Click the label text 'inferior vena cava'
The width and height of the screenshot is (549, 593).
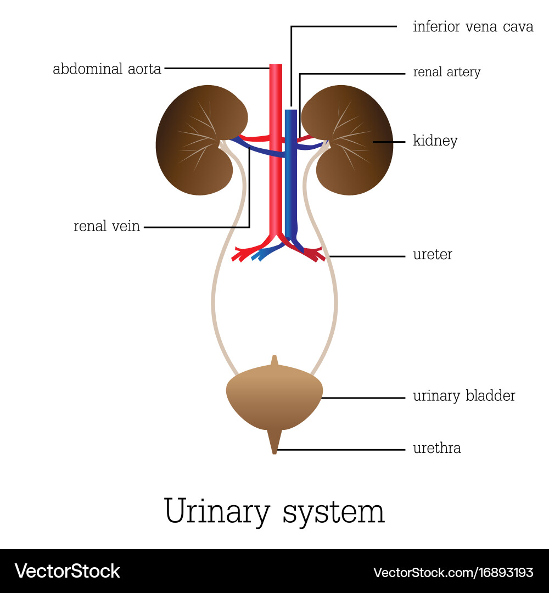tap(473, 27)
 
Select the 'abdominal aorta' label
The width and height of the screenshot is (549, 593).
tap(107, 69)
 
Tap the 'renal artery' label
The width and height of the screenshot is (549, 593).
tap(446, 72)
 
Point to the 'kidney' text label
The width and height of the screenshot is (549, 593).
tap(435, 141)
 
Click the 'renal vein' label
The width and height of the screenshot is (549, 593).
tap(107, 226)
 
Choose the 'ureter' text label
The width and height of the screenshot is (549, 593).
tap(432, 255)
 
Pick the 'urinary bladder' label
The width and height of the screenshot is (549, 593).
tap(464, 396)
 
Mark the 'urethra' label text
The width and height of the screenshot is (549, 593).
tap(436, 449)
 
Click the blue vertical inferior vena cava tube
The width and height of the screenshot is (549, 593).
tap(291, 181)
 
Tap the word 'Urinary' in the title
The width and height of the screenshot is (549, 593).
tap(217, 512)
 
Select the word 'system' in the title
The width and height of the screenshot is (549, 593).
tap(333, 512)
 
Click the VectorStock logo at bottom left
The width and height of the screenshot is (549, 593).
tap(67, 571)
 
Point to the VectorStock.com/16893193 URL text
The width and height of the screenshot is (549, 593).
tap(453, 573)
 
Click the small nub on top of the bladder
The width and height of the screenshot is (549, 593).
tap(274, 361)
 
